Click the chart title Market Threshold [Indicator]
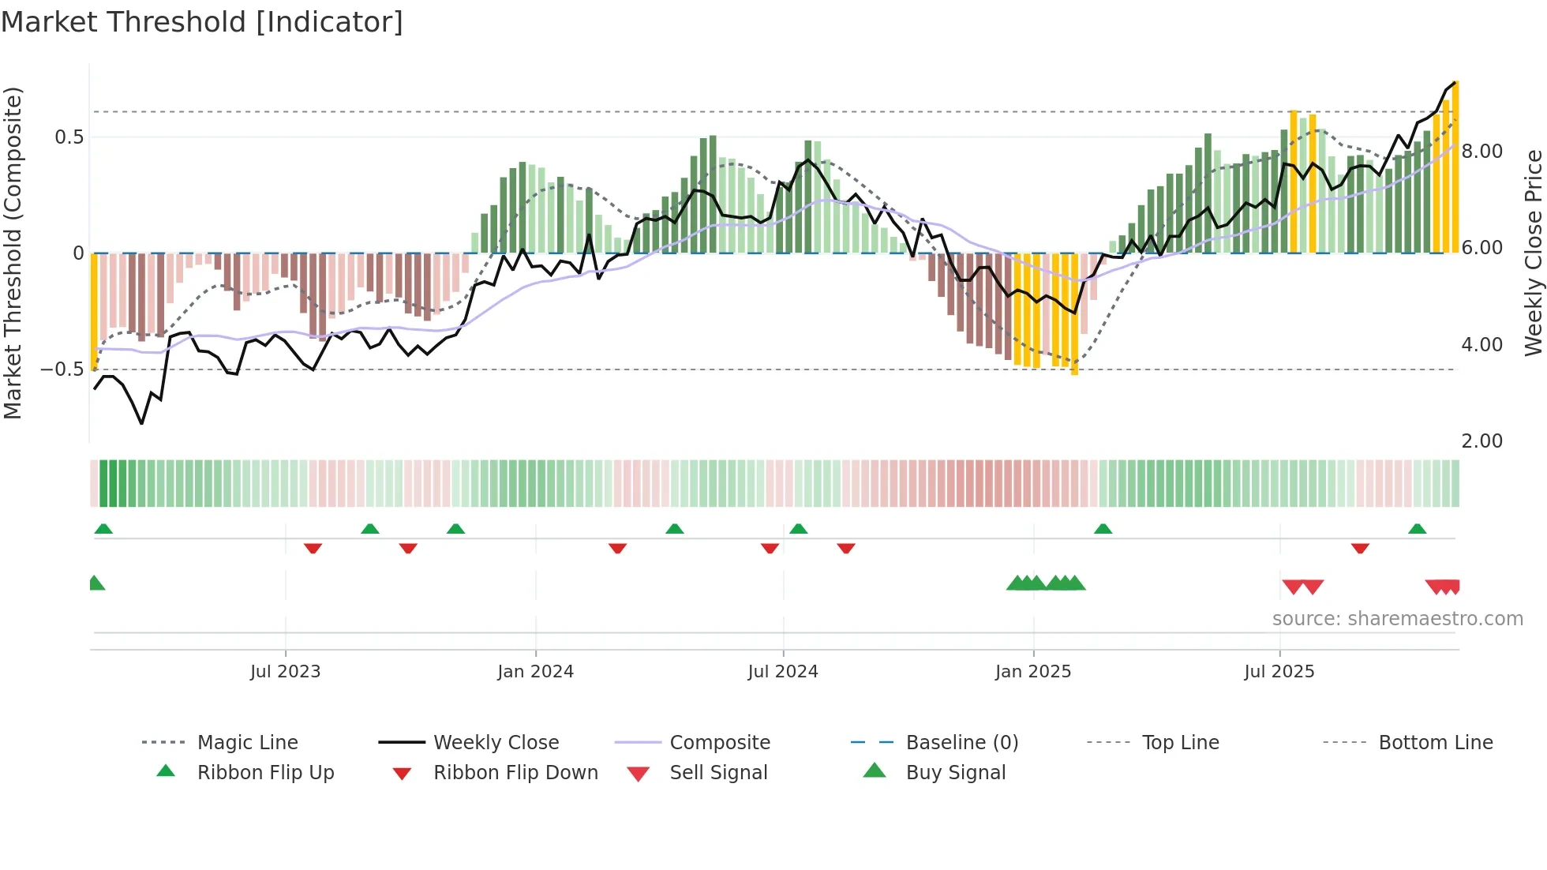point(202,22)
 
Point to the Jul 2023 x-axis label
point(285,672)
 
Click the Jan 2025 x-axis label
point(1032,672)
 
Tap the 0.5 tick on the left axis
point(69,137)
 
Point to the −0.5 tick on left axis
point(62,369)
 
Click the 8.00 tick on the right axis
point(1481,152)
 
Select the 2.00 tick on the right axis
point(1481,441)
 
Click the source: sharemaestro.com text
point(1397,619)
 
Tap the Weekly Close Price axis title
point(1533,253)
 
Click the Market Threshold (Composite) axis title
point(13,253)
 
